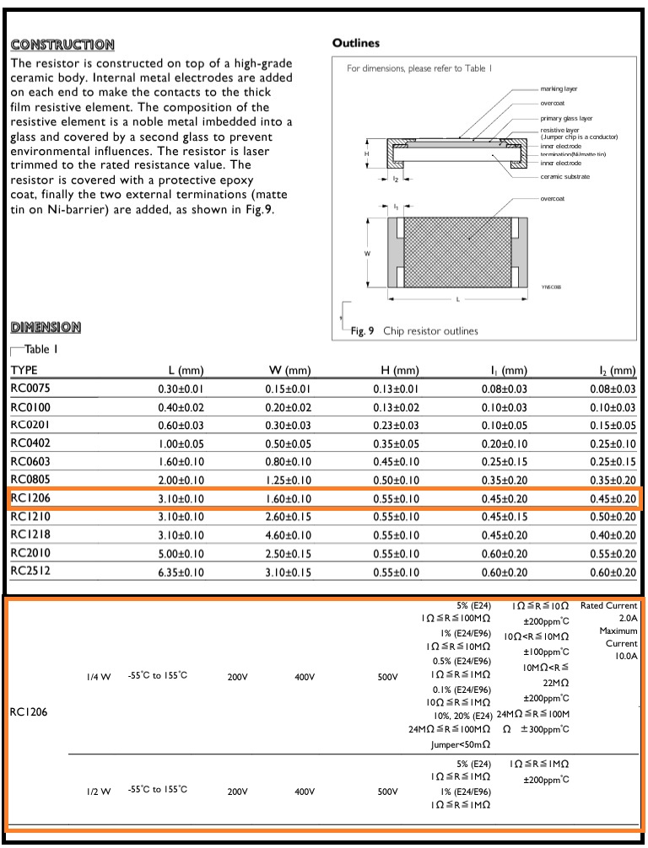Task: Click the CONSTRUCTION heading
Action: click(62, 45)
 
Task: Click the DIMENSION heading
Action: click(46, 327)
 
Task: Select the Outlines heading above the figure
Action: click(356, 43)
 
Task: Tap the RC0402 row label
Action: click(30, 444)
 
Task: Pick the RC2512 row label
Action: click(30, 572)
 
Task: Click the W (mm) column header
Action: click(289, 370)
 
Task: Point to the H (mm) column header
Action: click(400, 370)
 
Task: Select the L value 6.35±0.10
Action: click(181, 572)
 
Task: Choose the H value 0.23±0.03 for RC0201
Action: click(396, 426)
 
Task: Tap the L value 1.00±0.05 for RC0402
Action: click(181, 444)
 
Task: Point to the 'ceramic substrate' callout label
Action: click(565, 176)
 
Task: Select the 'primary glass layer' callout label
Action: click(566, 119)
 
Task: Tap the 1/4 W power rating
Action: click(98, 676)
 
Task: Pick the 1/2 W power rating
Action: click(98, 791)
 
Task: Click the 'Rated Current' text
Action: click(608, 605)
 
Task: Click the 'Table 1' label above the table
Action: click(40, 349)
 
